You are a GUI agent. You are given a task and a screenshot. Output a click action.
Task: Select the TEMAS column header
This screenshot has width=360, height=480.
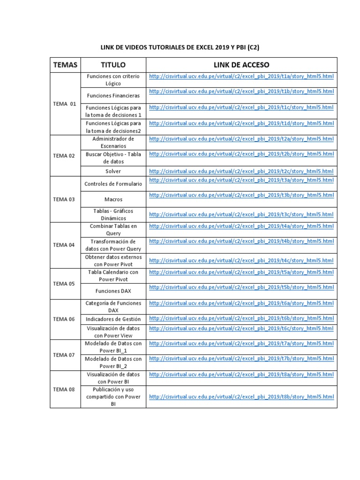coord(65,65)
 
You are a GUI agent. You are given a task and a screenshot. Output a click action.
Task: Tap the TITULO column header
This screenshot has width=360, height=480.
coord(113,65)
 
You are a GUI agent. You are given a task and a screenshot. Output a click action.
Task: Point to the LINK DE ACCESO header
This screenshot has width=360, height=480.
coord(241,65)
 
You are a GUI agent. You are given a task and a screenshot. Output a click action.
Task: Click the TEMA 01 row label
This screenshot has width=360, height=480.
coord(65,104)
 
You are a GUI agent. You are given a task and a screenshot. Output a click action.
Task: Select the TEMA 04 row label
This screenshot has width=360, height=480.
coord(64,245)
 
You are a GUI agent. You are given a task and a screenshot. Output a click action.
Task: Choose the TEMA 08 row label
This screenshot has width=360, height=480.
coord(64,389)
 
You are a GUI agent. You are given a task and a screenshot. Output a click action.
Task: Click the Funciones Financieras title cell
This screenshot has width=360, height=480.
coord(113,96)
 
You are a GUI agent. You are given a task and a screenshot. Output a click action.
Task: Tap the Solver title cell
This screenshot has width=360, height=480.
coord(113,172)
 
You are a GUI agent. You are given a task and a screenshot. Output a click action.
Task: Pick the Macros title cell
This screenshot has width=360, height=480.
coord(113,199)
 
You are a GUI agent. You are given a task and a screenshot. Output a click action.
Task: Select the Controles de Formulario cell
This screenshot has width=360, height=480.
coord(113,184)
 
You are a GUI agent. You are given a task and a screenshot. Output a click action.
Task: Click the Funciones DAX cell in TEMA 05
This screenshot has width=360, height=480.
coord(113,291)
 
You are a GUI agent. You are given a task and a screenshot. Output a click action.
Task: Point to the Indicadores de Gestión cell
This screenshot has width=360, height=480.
coord(113,319)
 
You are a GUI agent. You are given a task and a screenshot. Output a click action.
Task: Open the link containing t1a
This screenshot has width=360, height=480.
coord(241,76)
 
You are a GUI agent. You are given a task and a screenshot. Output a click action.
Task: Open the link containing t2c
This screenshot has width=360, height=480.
coord(241,172)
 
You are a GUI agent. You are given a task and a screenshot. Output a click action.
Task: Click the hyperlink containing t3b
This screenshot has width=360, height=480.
coord(241,195)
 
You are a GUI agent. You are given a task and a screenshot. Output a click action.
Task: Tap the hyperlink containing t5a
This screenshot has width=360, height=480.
coord(241,272)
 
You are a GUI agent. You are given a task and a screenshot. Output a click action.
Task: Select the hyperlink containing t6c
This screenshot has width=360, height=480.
coord(241,328)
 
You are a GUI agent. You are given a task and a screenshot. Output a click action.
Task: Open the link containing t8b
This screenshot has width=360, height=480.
coord(241,397)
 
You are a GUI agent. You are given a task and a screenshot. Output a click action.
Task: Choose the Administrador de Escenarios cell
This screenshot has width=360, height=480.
coord(113,142)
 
